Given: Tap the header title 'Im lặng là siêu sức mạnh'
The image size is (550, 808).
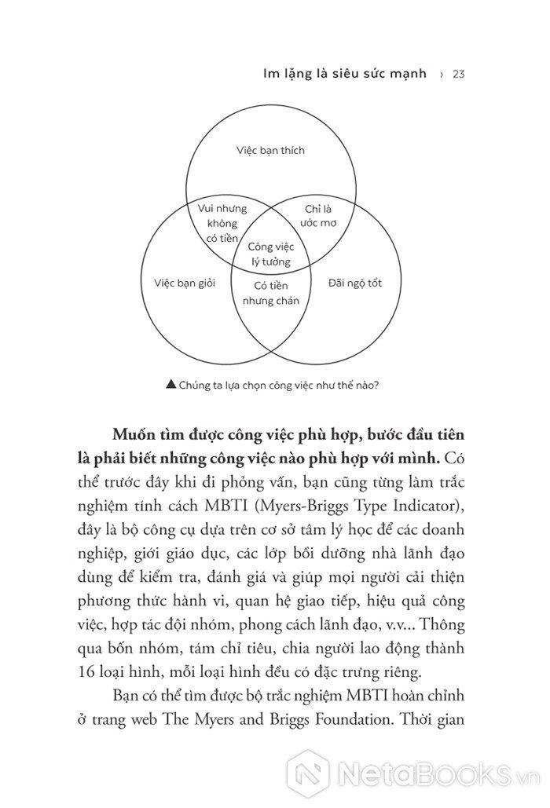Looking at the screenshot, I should pyautogui.click(x=345, y=74).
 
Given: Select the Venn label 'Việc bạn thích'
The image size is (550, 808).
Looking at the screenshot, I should pyautogui.click(x=270, y=149).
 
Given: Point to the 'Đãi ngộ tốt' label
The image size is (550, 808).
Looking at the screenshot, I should pyautogui.click(x=356, y=282).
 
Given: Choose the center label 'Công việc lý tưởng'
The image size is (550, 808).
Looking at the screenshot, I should pyautogui.click(x=270, y=254).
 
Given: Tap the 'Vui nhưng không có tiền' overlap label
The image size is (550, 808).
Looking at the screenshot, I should pyautogui.click(x=222, y=223).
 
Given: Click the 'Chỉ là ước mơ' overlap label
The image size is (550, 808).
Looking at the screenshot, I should pyautogui.click(x=319, y=215).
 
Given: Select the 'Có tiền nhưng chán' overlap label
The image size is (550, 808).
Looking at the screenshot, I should pyautogui.click(x=270, y=293).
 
